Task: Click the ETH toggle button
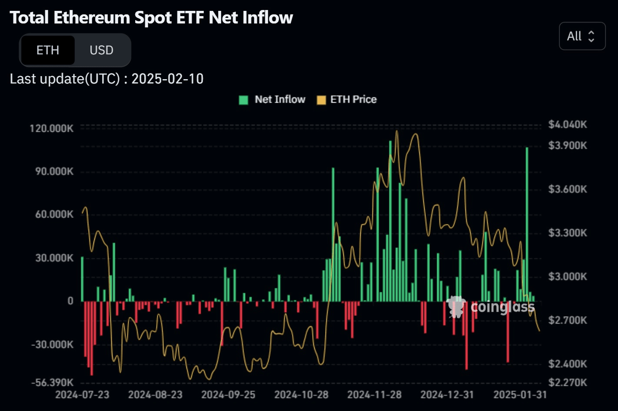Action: [x=48, y=50]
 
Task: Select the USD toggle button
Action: [x=101, y=50]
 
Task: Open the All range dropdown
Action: [x=581, y=36]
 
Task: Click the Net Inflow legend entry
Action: [x=272, y=100]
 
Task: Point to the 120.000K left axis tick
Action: [x=52, y=128]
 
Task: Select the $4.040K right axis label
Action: [x=567, y=125]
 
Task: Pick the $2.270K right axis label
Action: [x=567, y=383]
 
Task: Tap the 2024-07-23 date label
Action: [x=82, y=395]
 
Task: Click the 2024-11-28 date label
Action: [x=374, y=395]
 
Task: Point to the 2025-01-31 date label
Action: [x=520, y=395]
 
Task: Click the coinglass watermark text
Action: [x=502, y=307]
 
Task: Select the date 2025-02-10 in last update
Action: [x=167, y=79]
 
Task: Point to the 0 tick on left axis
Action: [x=70, y=301]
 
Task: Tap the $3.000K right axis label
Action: [x=567, y=277]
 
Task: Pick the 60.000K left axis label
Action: [x=54, y=214]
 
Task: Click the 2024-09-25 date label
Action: [x=228, y=395]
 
